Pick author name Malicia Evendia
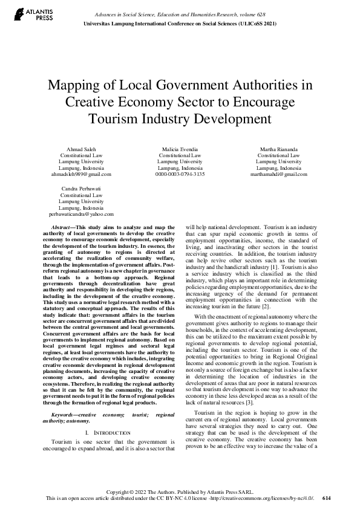[x=180, y=149]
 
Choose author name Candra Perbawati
[x=80, y=189]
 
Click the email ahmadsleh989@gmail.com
[x=80, y=174]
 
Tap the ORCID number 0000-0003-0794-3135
[x=180, y=174]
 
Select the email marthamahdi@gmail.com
[x=278, y=174]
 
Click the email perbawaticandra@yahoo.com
[x=80, y=214]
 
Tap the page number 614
[x=327, y=498]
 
